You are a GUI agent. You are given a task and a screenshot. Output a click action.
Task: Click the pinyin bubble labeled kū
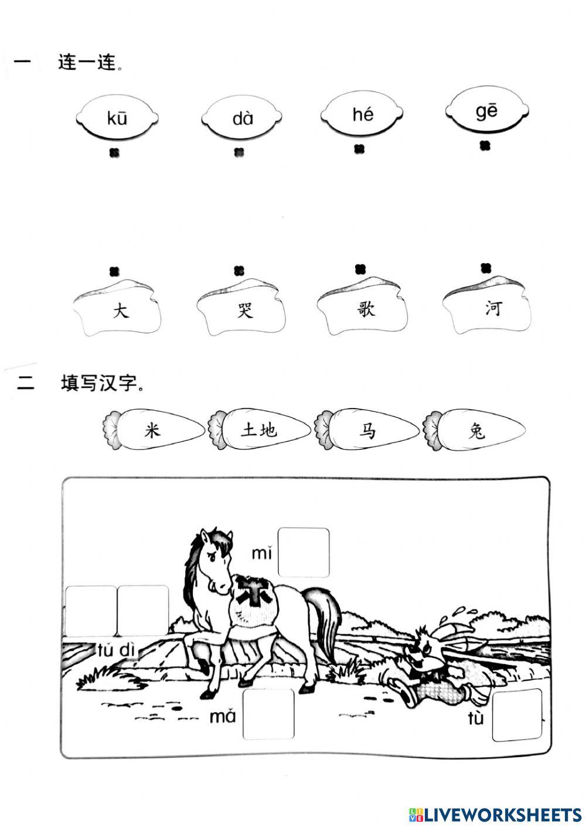[117, 118]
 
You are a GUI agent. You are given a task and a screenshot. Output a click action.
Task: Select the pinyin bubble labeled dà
[243, 118]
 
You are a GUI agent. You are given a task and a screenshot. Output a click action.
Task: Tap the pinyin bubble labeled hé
[363, 114]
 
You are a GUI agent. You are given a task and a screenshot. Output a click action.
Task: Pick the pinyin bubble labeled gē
[487, 111]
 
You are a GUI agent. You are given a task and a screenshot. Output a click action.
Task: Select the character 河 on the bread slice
[493, 308]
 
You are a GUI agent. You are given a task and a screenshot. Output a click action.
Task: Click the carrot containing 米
[154, 431]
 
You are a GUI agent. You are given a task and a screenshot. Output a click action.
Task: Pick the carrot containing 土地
[260, 431]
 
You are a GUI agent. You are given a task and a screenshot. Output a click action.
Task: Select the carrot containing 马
[367, 431]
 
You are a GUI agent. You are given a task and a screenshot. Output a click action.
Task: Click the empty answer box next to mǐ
[303, 552]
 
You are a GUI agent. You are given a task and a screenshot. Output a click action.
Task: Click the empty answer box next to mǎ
[268, 714]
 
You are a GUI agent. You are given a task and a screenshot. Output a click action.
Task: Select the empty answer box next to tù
[517, 715]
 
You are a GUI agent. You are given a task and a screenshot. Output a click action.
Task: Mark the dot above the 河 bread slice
[486, 268]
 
